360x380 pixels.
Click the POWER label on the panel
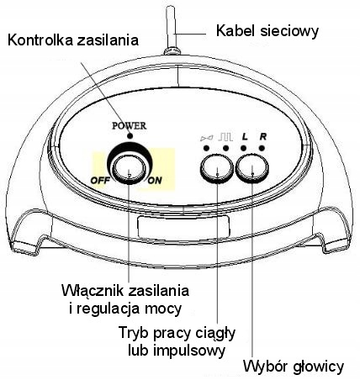(x=130, y=126)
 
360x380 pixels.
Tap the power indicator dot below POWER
(x=130, y=136)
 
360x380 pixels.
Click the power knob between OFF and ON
(x=129, y=169)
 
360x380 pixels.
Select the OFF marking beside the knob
(x=100, y=181)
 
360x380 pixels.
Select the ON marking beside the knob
(x=155, y=181)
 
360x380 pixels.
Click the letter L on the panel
(x=245, y=137)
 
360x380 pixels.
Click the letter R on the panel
(x=263, y=137)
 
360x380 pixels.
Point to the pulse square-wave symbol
(x=225, y=137)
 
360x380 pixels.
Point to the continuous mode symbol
(x=207, y=138)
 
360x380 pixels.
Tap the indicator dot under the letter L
(x=243, y=148)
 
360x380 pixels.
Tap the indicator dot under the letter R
(x=262, y=148)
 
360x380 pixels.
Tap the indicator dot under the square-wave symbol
(x=225, y=148)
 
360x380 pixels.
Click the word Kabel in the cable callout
(x=236, y=30)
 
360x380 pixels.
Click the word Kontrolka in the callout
(x=40, y=40)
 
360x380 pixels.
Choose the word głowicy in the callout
(x=318, y=367)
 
